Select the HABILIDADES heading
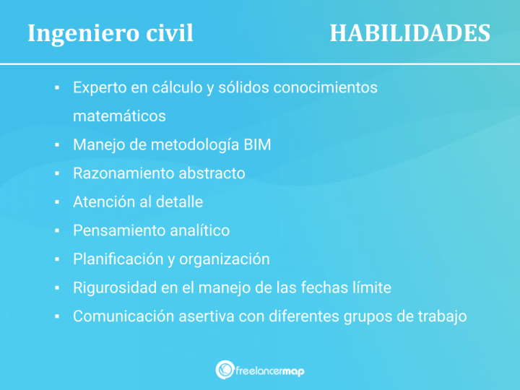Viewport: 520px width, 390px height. [409, 33]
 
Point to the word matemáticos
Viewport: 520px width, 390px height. [119, 116]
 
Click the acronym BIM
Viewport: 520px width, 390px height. [257, 144]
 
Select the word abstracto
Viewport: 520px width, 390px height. [212, 173]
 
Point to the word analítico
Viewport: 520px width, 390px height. [199, 230]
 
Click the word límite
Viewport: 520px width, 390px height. [371, 287]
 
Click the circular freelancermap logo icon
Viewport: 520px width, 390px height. [225, 370]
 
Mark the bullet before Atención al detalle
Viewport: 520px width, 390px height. [56, 202]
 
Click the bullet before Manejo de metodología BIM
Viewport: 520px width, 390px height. [56, 145]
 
